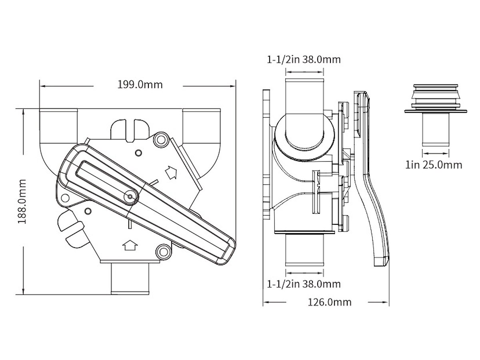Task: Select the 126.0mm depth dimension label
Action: point(330,302)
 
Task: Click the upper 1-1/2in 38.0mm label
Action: point(304,60)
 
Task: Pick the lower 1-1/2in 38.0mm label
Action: point(304,284)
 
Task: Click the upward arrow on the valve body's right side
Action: point(171,172)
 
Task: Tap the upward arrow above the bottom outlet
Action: point(129,244)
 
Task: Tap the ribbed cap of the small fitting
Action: point(436,96)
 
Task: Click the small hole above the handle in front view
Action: point(138,152)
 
